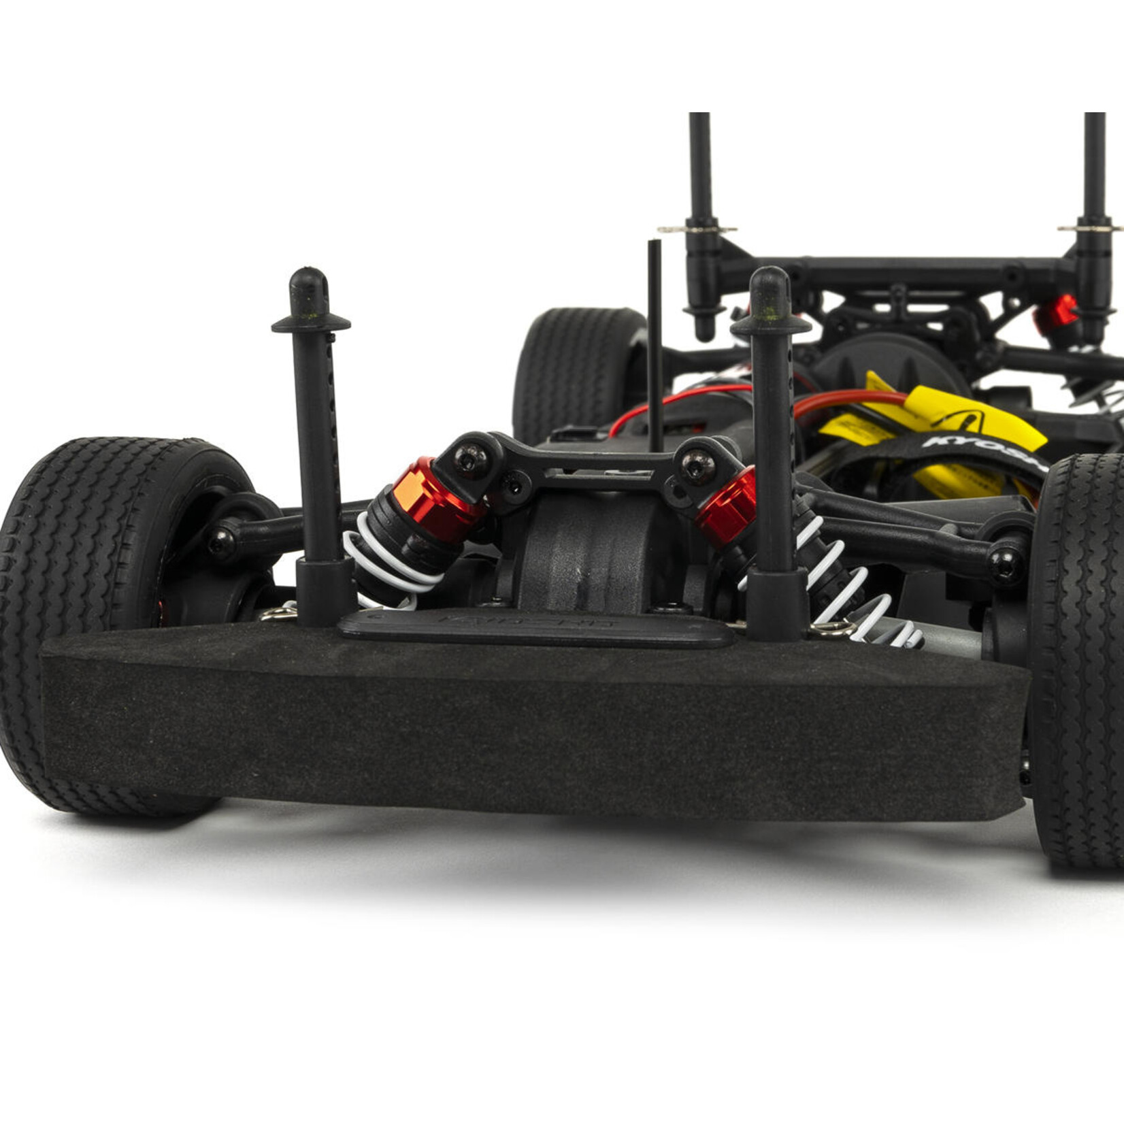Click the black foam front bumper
(x=531, y=728)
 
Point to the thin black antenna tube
(x=655, y=340)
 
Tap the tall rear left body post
(x=701, y=177)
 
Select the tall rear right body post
(x=1094, y=177)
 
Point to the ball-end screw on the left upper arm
(x=222, y=542)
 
